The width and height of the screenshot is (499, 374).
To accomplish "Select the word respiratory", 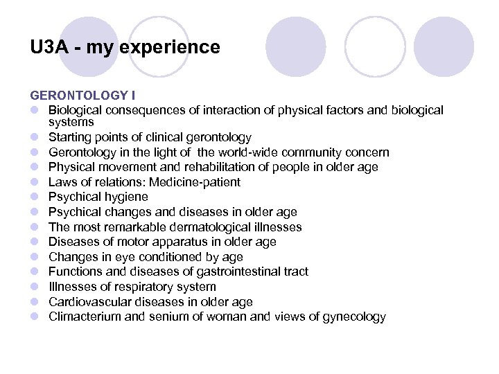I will pos(141,287).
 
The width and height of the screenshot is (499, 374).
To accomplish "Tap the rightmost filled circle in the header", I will pos(444,46).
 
